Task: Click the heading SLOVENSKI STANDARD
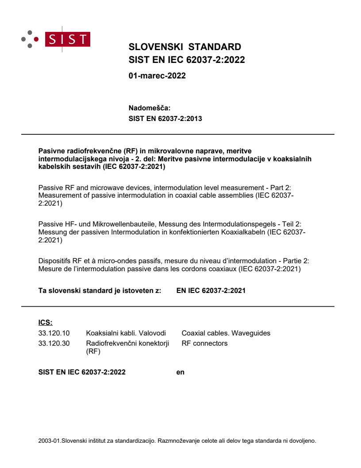(x=184, y=47)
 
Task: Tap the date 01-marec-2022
(x=157, y=76)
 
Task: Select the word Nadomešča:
(x=149, y=108)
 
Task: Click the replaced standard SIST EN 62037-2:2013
(x=165, y=118)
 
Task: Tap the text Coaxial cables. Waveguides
(x=226, y=333)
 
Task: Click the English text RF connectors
(x=204, y=343)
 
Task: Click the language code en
(x=180, y=372)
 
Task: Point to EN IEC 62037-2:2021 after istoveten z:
(x=211, y=291)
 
